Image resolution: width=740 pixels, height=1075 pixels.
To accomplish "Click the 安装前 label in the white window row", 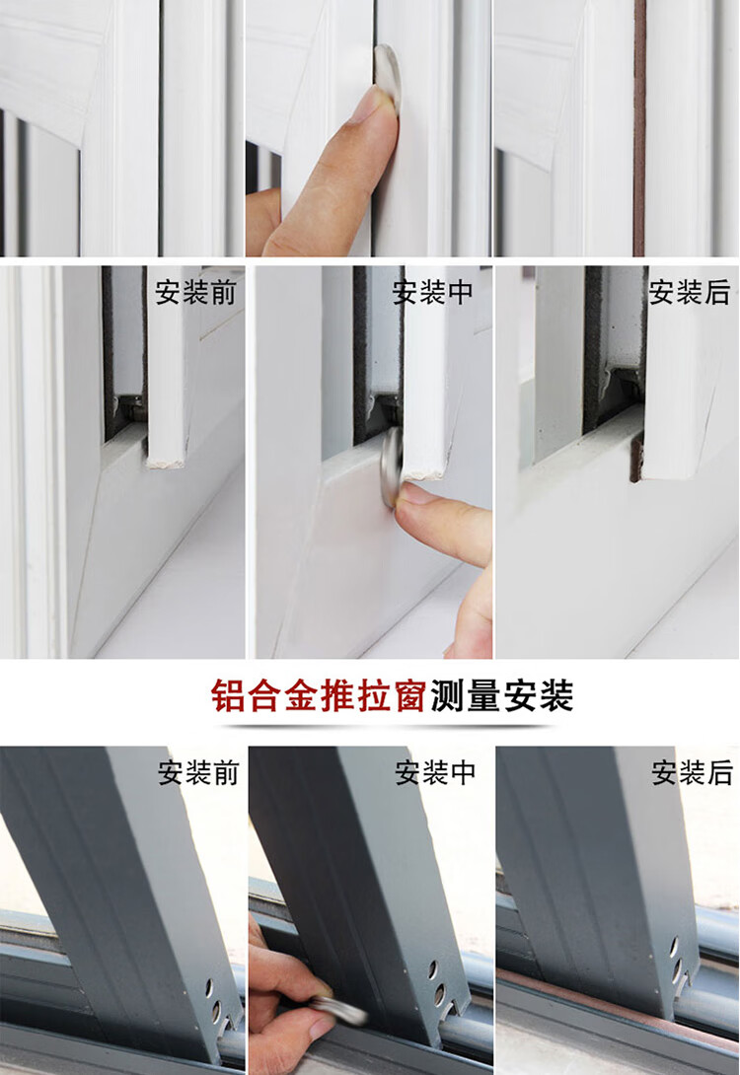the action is coord(195,293).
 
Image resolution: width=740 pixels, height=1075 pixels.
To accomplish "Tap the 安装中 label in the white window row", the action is coord(433,293).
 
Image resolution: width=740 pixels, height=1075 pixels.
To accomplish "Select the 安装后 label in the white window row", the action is coord(690,293).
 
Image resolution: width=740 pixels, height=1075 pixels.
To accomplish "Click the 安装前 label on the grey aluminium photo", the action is coord(198,772).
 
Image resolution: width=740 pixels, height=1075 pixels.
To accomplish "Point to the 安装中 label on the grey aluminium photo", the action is coord(435,772).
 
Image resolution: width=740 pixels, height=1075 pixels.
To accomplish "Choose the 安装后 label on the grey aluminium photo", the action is coord(692,772).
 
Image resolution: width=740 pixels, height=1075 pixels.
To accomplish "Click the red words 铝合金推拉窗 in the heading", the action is coord(319,696).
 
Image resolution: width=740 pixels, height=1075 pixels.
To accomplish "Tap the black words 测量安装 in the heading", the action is coord(502,696).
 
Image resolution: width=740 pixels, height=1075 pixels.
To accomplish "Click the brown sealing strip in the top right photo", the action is coord(639,128).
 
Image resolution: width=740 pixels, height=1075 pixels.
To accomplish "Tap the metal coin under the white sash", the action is coord(393,466).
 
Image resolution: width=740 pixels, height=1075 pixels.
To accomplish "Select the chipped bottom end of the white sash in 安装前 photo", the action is coord(166,460).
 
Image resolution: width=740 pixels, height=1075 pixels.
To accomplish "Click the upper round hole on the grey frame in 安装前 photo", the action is coord(209,988).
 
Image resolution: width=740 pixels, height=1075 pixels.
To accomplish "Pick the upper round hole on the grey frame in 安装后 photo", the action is coord(673,947).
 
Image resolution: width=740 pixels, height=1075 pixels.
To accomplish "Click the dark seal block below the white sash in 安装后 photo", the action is coord(637,457).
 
